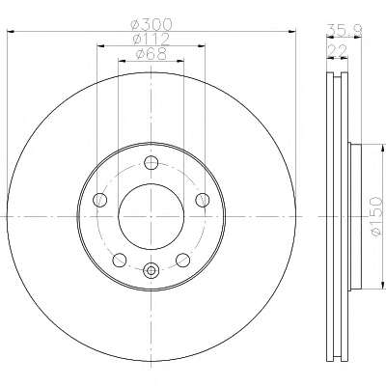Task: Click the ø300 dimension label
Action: [x=152, y=24]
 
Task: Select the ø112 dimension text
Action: [x=152, y=40]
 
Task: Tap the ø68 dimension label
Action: [x=152, y=54]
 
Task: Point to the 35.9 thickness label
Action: [x=345, y=31]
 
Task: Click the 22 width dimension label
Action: [x=338, y=51]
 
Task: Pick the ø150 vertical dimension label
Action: [x=376, y=217]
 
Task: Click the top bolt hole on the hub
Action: [x=151, y=163]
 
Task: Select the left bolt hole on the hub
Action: [x=99, y=200]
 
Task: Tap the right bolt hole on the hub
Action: [x=203, y=200]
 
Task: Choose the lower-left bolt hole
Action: [x=120, y=260]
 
